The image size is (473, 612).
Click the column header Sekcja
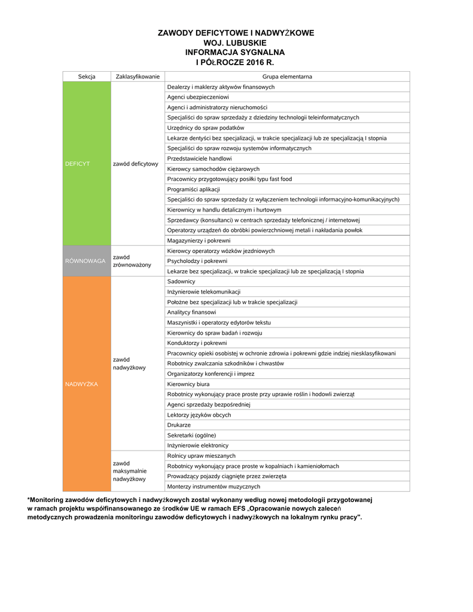click(x=87, y=76)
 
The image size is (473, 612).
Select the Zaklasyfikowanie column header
click(x=138, y=76)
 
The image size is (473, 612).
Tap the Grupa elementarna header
click(x=287, y=76)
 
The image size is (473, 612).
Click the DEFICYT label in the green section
click(x=77, y=163)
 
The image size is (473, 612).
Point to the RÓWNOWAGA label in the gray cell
click(x=85, y=261)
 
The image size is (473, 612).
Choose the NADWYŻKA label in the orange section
click(x=81, y=384)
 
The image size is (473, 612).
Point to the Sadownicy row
click(x=181, y=281)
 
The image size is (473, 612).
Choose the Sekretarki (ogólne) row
click(x=191, y=435)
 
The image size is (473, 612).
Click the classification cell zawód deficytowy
click(x=135, y=163)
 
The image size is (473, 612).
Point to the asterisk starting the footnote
click(x=29, y=499)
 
